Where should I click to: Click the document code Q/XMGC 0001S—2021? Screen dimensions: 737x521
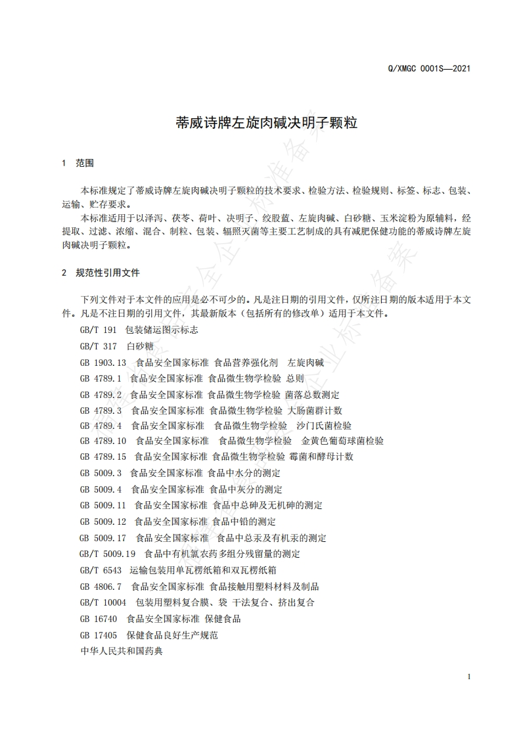[430, 68]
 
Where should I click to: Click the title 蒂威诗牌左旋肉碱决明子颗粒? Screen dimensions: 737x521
[267, 122]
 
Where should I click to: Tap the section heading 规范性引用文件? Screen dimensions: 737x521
[107, 272]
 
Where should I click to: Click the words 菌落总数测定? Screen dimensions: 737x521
[312, 395]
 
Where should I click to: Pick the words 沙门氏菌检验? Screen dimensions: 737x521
[324, 426]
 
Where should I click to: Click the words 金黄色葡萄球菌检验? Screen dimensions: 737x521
[343, 441]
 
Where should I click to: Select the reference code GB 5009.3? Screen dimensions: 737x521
[101, 473]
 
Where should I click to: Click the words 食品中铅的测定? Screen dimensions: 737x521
[244, 522]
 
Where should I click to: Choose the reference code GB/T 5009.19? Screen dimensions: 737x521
[107, 554]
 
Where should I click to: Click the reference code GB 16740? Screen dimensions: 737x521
[99, 619]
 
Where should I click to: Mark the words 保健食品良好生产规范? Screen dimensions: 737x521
[172, 635]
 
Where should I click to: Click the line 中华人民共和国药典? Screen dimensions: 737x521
[120, 652]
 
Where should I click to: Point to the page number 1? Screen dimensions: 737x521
[468, 677]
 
